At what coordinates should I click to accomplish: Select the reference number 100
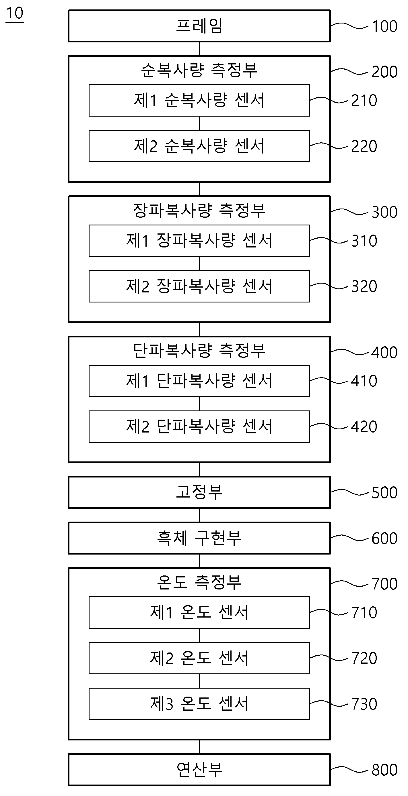[x=384, y=26]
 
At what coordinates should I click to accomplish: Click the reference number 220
[x=364, y=146]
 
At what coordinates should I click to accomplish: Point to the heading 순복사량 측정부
[x=199, y=70]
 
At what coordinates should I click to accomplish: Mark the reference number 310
[x=364, y=241]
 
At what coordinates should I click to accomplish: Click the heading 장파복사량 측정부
[x=199, y=211]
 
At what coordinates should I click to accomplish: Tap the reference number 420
[x=364, y=427]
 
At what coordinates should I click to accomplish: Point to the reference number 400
[x=384, y=353]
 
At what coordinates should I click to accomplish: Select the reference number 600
[x=384, y=538]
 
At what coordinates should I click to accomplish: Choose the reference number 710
[x=364, y=612]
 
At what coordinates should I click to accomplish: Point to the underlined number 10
[x=15, y=13]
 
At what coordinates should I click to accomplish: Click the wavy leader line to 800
[x=349, y=769]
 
